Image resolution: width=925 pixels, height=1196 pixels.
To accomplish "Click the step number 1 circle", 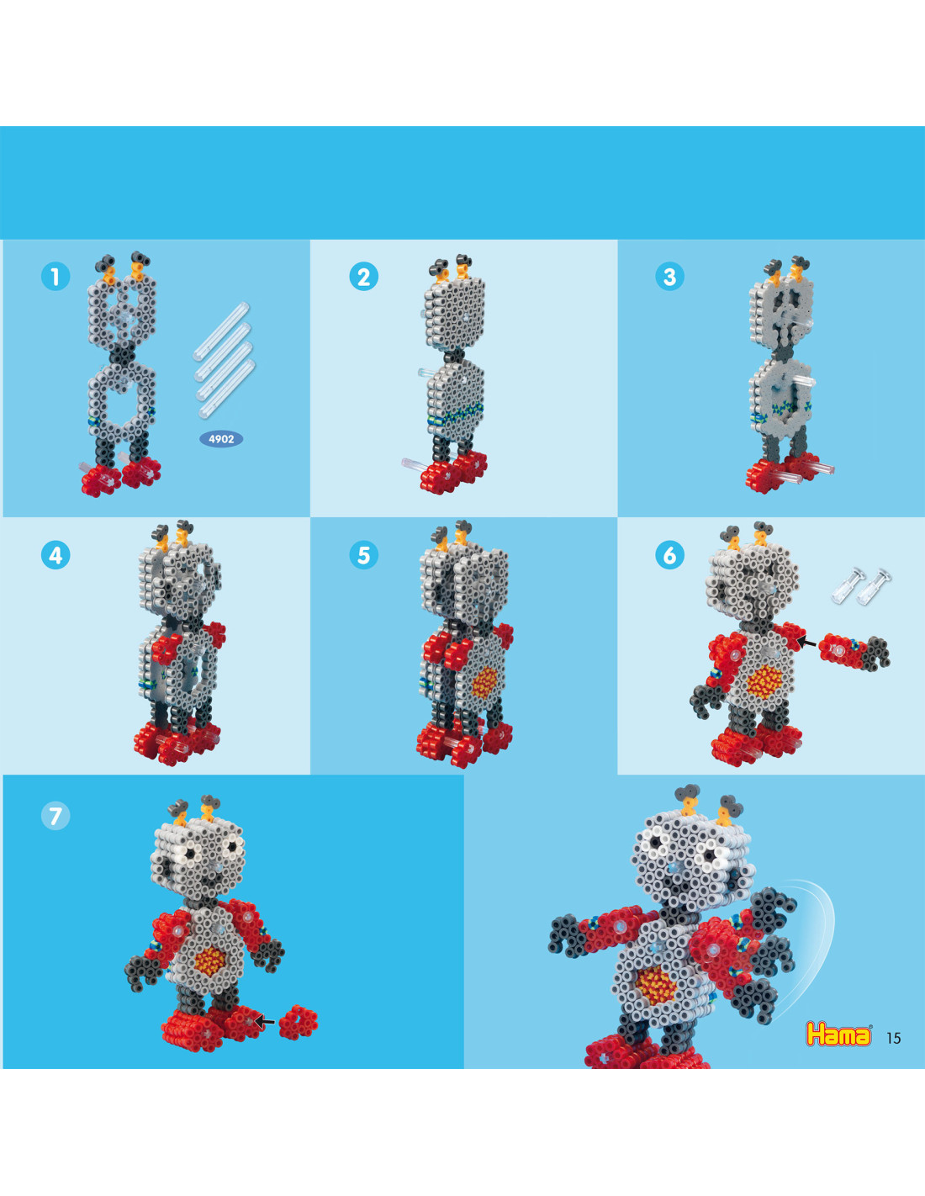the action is (55, 277).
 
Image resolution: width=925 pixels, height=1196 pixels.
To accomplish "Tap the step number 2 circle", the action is (364, 277).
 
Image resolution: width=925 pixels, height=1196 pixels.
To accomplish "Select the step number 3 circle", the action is (669, 277).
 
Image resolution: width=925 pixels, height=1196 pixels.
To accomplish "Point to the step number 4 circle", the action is (55, 555).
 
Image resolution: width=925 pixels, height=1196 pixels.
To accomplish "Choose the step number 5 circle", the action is (364, 555).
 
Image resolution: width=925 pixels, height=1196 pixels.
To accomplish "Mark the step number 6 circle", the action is (669, 555).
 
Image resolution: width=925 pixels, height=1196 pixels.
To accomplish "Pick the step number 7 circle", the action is (55, 815).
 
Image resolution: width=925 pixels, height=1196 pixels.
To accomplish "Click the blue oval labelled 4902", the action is (221, 439).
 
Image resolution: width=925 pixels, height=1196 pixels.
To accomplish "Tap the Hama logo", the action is (838, 1035).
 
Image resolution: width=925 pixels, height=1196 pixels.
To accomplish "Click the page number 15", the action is (894, 1038).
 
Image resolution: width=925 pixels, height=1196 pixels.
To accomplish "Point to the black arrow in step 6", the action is (806, 640).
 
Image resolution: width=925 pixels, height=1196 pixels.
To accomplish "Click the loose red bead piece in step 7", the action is (298, 1023).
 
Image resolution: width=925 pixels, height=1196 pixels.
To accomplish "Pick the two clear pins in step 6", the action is (861, 586).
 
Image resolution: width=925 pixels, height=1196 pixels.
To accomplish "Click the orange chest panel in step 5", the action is (485, 683).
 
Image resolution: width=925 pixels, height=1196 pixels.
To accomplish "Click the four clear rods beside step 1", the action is (224, 359).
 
